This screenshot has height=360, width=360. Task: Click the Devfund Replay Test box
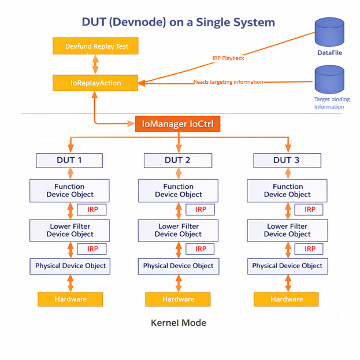point(96,46)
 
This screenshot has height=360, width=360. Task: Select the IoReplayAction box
point(96,83)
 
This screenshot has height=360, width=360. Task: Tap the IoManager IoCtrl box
point(177,124)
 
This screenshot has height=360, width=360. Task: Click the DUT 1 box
point(69,160)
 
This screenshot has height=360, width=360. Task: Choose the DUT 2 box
point(177,160)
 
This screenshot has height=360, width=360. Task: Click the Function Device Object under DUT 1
point(69,191)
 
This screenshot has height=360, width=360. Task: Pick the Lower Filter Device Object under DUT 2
point(178,231)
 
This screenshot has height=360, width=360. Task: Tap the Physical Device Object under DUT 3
point(287,266)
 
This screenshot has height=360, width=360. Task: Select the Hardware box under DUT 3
point(287,299)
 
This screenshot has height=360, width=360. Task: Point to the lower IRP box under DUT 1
point(92,249)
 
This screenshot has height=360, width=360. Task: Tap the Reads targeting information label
point(228,82)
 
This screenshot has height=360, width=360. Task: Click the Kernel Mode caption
point(178,322)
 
